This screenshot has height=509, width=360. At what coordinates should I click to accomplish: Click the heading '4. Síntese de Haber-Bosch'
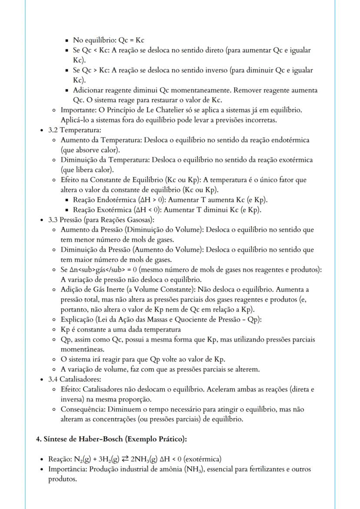111,439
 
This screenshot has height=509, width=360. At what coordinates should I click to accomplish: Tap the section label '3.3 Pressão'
63,220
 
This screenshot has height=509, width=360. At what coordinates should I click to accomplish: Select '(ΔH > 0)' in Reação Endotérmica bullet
148,200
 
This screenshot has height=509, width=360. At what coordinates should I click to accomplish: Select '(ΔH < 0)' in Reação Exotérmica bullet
144,210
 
